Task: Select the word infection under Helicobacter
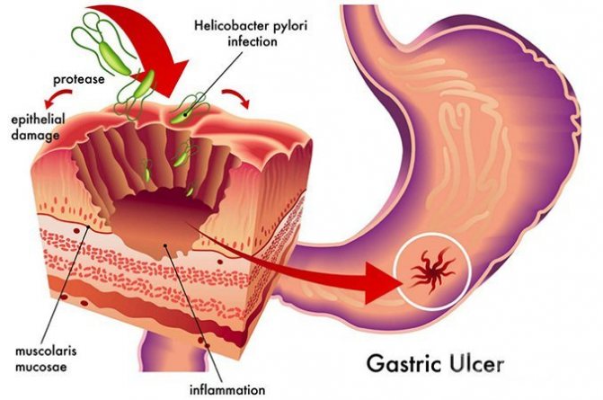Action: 253,41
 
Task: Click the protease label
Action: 79,79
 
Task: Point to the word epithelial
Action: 38,120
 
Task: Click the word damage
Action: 35,136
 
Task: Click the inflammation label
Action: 227,389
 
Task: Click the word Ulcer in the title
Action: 474,363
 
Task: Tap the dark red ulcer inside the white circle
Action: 433,271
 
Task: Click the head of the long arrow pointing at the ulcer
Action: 383,283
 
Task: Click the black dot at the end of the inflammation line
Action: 165,244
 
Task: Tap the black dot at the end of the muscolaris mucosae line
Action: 89,227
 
